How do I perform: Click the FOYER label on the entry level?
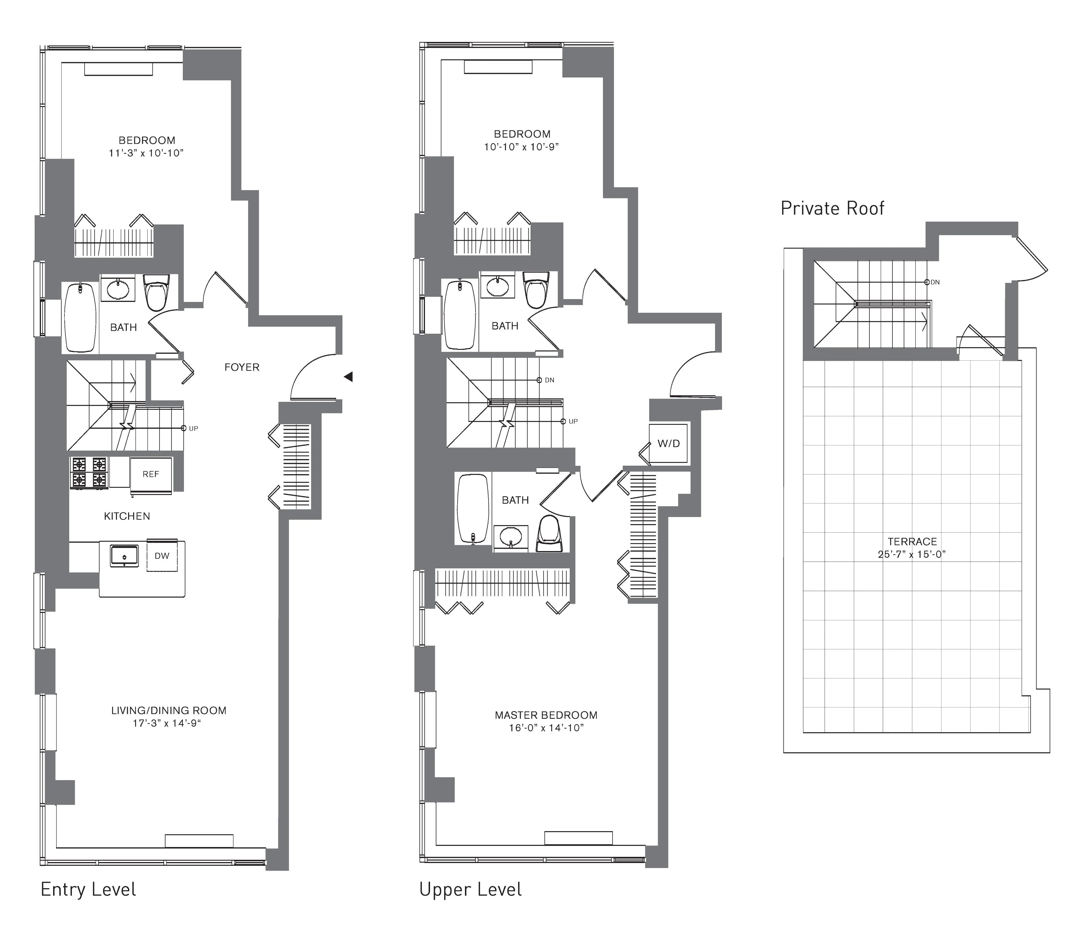coord(242,367)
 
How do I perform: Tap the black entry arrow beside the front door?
coord(348,377)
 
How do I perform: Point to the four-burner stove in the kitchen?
coord(89,472)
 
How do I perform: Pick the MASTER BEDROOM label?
coord(546,715)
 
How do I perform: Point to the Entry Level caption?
coord(88,889)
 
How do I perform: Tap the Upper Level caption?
coord(470,889)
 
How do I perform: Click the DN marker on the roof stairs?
coord(934,282)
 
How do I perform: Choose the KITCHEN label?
coord(127,516)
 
